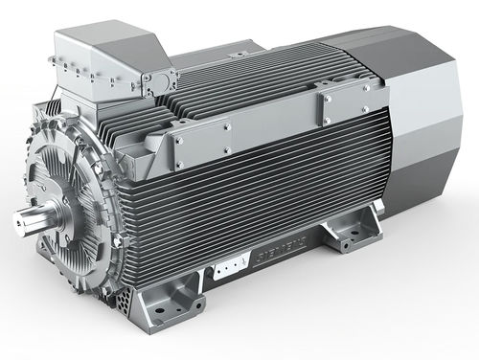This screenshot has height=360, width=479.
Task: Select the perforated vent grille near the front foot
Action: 125,299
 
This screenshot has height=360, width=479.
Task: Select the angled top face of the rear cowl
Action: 383,48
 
